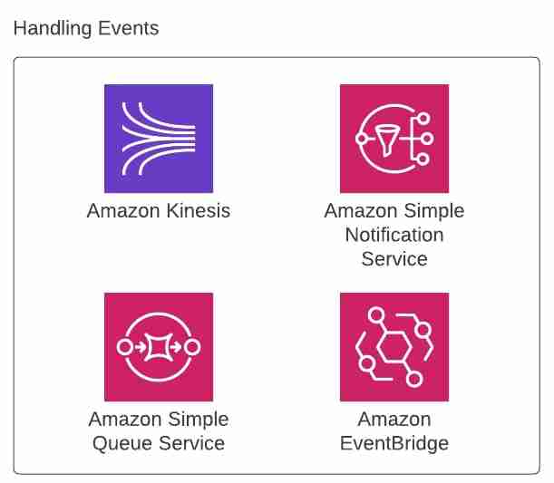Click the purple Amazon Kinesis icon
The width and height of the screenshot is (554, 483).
pyautogui.click(x=158, y=139)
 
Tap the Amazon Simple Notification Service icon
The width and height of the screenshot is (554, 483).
pyautogui.click(x=394, y=139)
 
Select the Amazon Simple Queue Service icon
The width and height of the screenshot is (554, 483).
pyautogui.click(x=158, y=347)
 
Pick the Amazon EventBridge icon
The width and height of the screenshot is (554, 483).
pyautogui.click(x=394, y=347)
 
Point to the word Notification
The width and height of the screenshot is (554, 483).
pyautogui.click(x=394, y=235)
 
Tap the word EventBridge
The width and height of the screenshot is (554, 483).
pyautogui.click(x=394, y=444)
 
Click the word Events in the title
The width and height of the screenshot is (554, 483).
pyautogui.click(x=128, y=28)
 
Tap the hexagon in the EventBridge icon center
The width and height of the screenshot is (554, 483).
pyautogui.click(x=394, y=347)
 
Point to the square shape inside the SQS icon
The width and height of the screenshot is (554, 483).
pyautogui.click(x=158, y=347)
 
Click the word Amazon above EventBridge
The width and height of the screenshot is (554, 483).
pyautogui.click(x=394, y=420)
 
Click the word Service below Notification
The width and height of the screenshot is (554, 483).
pyautogui.click(x=394, y=259)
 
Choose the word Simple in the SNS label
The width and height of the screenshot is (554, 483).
pyautogui.click(x=433, y=211)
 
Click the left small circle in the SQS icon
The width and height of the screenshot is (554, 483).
pyautogui.click(x=124, y=347)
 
